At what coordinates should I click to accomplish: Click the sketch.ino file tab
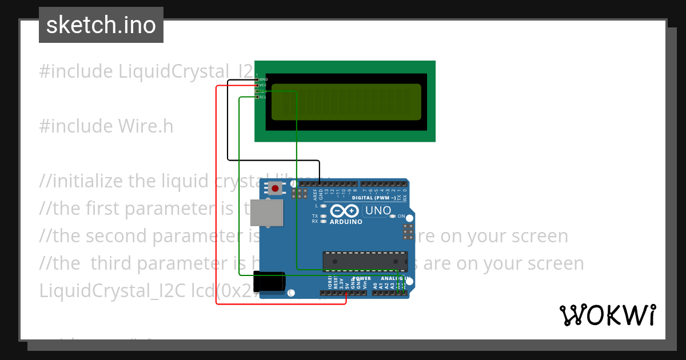click(101, 25)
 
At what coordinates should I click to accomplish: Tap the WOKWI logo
click(607, 315)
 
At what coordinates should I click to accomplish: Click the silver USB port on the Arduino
click(266, 213)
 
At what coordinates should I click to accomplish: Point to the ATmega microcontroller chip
click(365, 261)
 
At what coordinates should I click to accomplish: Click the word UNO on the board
click(378, 211)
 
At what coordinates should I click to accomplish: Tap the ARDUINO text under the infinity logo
click(345, 222)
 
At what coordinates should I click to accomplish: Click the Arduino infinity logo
click(345, 211)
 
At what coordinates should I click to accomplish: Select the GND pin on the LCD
click(257, 79)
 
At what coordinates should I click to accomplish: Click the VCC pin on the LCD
click(257, 85)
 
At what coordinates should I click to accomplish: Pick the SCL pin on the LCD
click(257, 97)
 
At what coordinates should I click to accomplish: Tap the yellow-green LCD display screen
click(346, 102)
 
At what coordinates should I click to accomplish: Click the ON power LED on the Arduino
click(393, 217)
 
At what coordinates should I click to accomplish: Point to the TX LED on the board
click(324, 216)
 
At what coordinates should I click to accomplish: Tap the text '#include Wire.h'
click(106, 126)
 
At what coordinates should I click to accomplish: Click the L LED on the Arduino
click(324, 205)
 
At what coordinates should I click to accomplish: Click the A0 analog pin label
click(375, 285)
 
